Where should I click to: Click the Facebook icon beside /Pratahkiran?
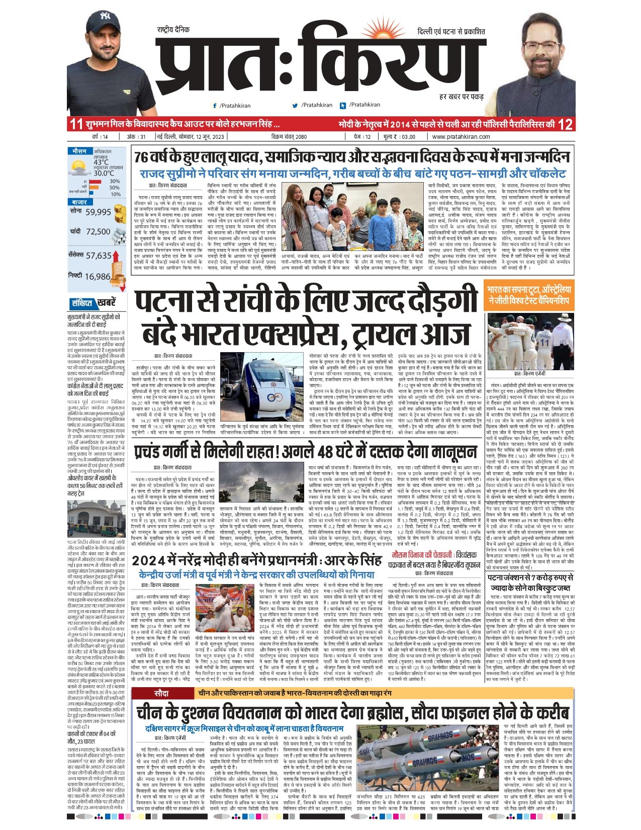(215, 106)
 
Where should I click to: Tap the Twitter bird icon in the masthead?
(295, 106)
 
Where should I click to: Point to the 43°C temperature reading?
(101, 162)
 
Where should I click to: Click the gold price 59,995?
(98, 212)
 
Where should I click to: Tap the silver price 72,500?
(98, 231)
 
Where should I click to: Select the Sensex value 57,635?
(99, 256)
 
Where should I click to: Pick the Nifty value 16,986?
(98, 276)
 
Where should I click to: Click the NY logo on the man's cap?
(105, 16)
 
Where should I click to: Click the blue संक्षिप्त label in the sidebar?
(82, 303)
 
